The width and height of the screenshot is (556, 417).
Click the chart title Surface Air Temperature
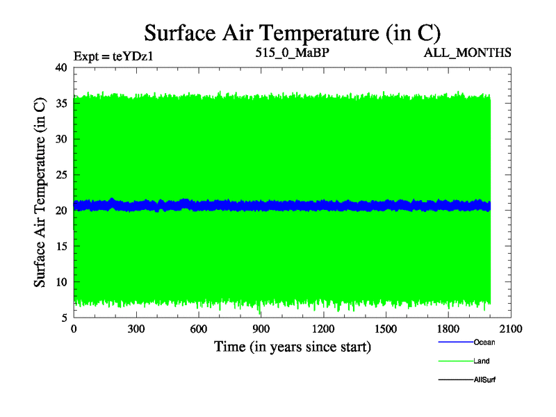(x=293, y=33)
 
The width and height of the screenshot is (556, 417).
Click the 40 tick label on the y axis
(x=60, y=67)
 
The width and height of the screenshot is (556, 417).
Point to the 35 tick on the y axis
(x=60, y=104)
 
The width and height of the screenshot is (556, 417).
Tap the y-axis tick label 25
(x=60, y=175)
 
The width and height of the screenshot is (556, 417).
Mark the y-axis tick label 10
(x=60, y=282)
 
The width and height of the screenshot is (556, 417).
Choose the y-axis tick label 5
(x=63, y=318)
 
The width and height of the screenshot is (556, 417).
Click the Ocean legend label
(x=484, y=342)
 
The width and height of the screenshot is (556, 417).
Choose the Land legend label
(x=482, y=361)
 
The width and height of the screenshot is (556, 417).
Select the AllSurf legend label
(x=484, y=380)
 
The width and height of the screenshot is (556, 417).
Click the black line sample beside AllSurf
(x=455, y=380)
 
